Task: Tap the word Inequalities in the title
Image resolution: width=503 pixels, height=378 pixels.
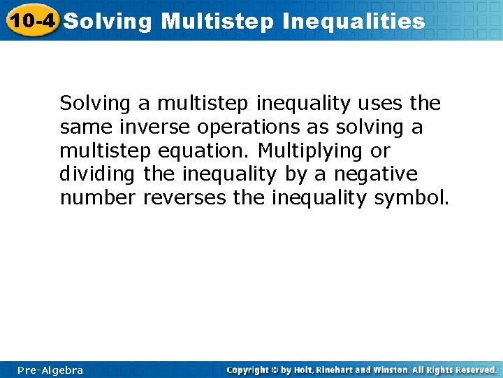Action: (353, 21)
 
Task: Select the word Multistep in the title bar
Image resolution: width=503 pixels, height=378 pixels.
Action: (218, 21)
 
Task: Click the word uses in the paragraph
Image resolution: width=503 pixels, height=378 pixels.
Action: (380, 104)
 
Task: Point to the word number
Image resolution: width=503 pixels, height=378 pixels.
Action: (98, 199)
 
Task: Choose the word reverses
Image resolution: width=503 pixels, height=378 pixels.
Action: (184, 199)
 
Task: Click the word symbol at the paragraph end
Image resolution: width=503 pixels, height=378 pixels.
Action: (412, 199)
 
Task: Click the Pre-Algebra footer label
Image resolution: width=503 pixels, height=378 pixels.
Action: (51, 370)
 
